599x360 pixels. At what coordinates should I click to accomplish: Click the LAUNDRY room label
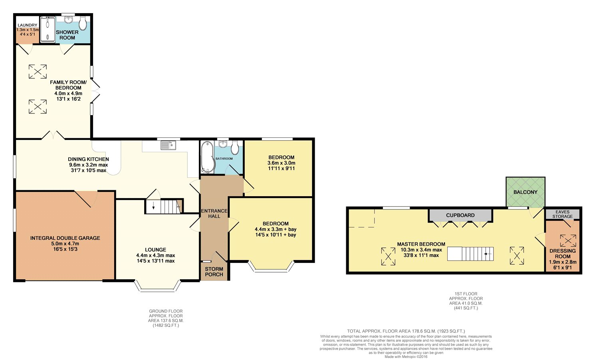pyautogui.click(x=27, y=25)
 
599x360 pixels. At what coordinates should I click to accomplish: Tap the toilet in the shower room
pyautogui.click(x=83, y=23)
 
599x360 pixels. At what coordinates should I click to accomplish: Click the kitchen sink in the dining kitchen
pyautogui.click(x=168, y=145)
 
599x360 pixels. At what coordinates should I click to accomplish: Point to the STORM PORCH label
pyautogui.click(x=214, y=272)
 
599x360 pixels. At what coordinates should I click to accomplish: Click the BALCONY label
pyautogui.click(x=525, y=192)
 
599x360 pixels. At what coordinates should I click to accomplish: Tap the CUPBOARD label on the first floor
pyautogui.click(x=460, y=215)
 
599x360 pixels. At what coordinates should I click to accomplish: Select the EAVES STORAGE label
pyautogui.click(x=562, y=214)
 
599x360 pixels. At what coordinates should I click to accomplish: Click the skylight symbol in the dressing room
pyautogui.click(x=568, y=240)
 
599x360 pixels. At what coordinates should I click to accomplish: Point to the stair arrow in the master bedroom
pyautogui.click(x=488, y=254)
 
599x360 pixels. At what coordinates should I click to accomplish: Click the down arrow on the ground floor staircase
pyautogui.click(x=153, y=206)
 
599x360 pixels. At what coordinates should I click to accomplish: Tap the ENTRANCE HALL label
pyautogui.click(x=214, y=213)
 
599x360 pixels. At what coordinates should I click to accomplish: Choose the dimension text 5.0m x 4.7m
pyautogui.click(x=65, y=244)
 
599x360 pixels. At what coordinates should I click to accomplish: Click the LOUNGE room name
pyautogui.click(x=155, y=250)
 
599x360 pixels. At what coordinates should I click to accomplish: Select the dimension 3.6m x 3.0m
pyautogui.click(x=281, y=163)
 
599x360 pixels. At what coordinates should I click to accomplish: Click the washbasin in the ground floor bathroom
pyautogui.click(x=223, y=144)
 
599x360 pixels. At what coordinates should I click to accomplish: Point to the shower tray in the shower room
pyautogui.click(x=48, y=30)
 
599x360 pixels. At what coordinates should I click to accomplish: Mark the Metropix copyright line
pyautogui.click(x=406, y=357)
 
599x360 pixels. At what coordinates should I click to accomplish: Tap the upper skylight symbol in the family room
pyautogui.click(x=38, y=72)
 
